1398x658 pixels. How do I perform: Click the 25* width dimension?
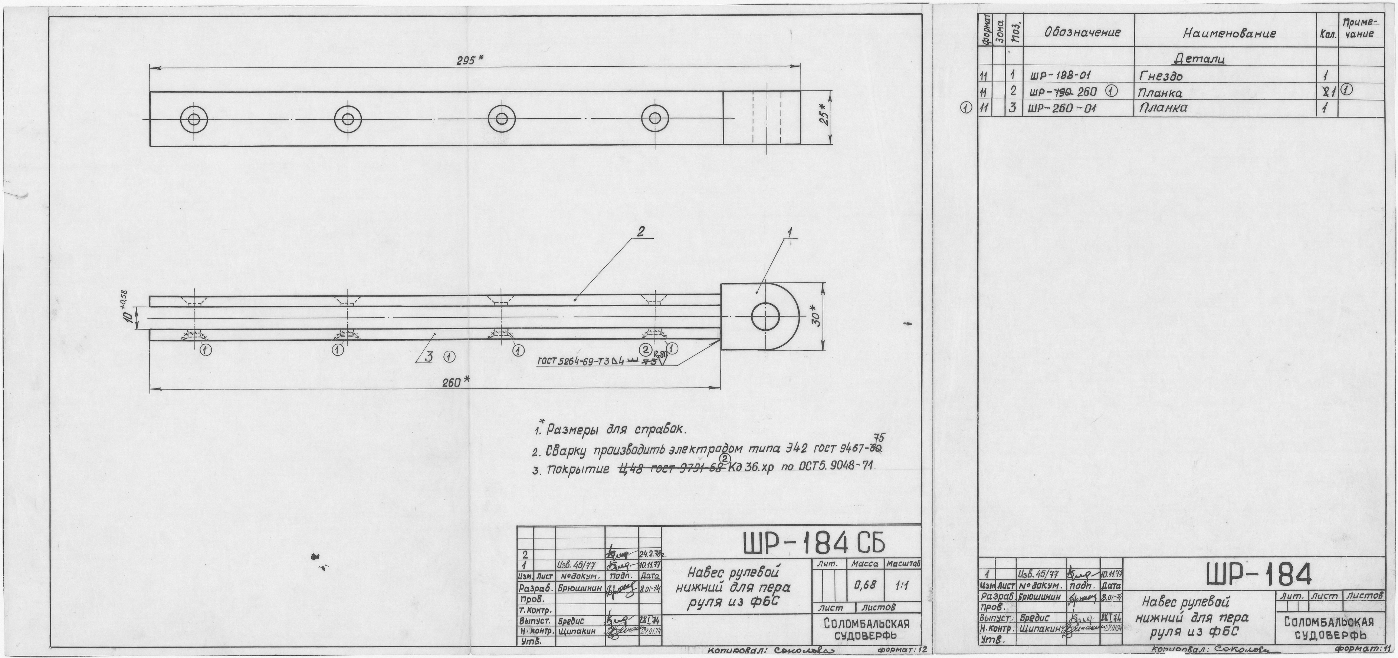point(824,115)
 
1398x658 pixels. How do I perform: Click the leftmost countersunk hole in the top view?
point(194,118)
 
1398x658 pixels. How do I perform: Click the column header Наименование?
point(1229,34)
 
